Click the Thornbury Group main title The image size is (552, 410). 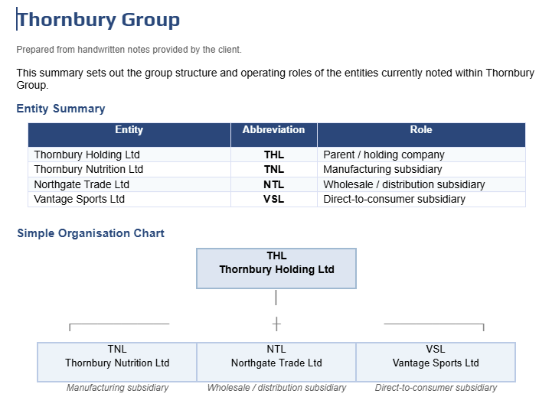[x=99, y=20]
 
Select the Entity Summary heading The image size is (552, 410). [x=61, y=109]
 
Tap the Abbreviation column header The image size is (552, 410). [x=273, y=130]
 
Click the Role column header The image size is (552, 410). [x=421, y=130]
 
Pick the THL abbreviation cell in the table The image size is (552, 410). [x=273, y=155]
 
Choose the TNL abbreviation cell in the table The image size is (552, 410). [x=273, y=169]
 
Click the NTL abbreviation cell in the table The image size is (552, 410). [x=273, y=184]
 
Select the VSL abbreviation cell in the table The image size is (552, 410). [x=273, y=199]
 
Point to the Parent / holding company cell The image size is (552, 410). [x=384, y=155]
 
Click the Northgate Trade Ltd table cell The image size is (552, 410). [x=82, y=184]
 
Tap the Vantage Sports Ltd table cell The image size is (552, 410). [x=80, y=199]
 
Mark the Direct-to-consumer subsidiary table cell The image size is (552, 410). [x=394, y=199]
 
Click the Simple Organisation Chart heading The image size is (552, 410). [x=90, y=233]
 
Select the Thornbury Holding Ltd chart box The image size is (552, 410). [x=276, y=268]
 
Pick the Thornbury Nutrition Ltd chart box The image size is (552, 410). [x=117, y=362]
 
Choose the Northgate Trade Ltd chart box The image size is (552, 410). [x=276, y=362]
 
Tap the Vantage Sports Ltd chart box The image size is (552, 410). [x=436, y=362]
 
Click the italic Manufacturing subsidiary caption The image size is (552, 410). [x=117, y=388]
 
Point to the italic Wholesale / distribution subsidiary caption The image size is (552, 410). [x=276, y=388]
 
